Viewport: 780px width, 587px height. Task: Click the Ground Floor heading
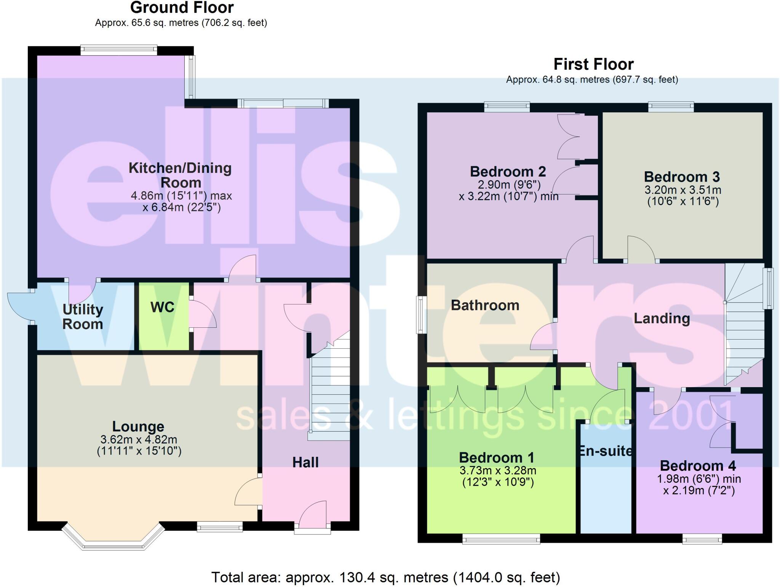pyautogui.click(x=182, y=8)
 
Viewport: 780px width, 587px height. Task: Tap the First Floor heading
pyautogui.click(x=593, y=64)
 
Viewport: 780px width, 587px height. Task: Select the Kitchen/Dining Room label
pyautogui.click(x=180, y=175)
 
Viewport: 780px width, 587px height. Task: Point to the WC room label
pyautogui.click(x=163, y=307)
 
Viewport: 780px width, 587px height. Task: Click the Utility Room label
pyautogui.click(x=83, y=317)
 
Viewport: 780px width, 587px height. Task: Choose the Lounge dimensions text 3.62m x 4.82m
pyautogui.click(x=139, y=440)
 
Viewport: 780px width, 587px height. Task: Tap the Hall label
pyautogui.click(x=305, y=462)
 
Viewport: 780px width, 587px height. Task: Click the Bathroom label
pyautogui.click(x=485, y=305)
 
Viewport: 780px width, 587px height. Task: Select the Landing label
pyautogui.click(x=662, y=318)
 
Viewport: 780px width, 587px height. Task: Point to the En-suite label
pyautogui.click(x=605, y=451)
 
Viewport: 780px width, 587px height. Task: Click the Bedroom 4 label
pyautogui.click(x=698, y=466)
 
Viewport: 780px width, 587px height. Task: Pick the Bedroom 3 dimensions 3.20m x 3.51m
pyautogui.click(x=682, y=190)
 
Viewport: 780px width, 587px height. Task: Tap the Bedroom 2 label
pyautogui.click(x=508, y=172)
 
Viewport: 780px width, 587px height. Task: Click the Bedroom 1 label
pyautogui.click(x=496, y=457)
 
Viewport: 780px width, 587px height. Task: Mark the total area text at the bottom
pyautogui.click(x=385, y=577)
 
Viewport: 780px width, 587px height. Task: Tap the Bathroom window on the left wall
pyautogui.click(x=421, y=314)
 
